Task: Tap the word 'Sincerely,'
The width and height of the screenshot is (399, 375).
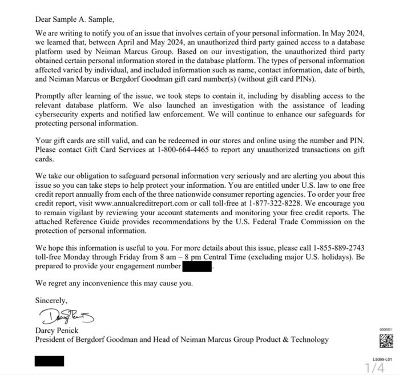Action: [x=51, y=300]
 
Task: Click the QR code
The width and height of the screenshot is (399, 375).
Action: [x=386, y=340]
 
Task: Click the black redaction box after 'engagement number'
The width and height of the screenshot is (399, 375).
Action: [x=197, y=266]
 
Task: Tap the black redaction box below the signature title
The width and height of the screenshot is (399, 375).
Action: [x=50, y=361]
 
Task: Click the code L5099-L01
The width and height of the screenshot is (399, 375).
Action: [x=382, y=360]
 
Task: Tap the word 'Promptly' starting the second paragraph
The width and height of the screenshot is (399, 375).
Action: [x=51, y=96]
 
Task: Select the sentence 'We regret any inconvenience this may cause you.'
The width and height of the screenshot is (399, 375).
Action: [x=114, y=283]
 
